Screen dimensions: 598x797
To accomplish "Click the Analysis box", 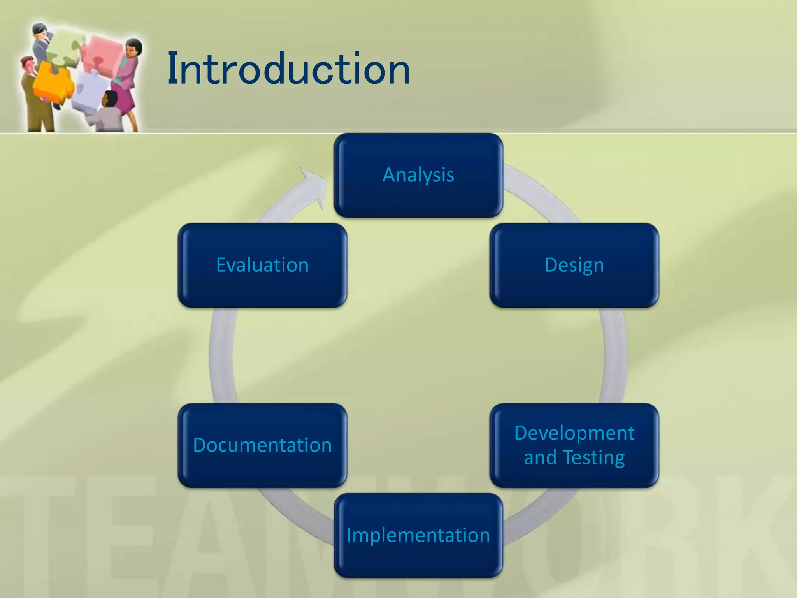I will (418, 175).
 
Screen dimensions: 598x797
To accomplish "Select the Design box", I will (574, 265).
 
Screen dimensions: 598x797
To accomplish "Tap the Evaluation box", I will (262, 265).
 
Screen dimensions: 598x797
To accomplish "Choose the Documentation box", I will (262, 445).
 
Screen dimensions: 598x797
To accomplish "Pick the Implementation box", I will (418, 535).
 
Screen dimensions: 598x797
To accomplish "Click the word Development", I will (574, 433).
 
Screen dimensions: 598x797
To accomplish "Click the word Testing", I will (594, 457).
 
